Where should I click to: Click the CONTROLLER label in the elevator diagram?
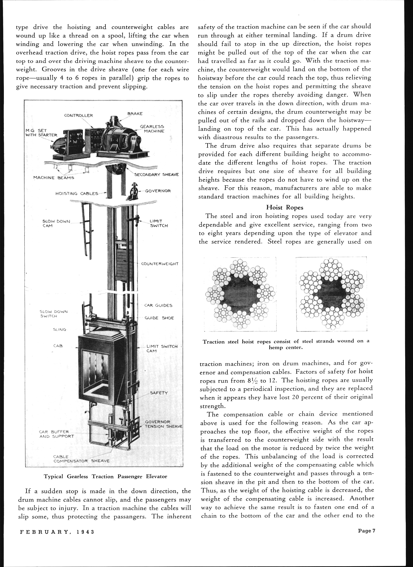coord(79,116)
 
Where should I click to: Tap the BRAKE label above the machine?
coord(135,114)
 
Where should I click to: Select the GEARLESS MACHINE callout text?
coord(152,129)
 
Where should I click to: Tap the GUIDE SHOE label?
coord(159,318)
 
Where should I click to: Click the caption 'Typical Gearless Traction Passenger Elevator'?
coord(105,476)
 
